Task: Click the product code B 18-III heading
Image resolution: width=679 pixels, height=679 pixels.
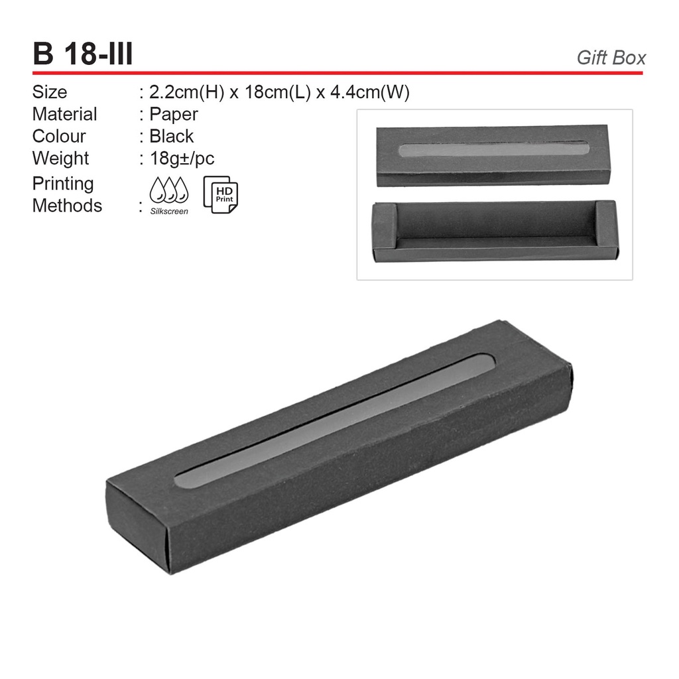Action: tap(83, 54)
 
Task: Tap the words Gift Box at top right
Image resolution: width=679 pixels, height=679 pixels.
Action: tap(611, 58)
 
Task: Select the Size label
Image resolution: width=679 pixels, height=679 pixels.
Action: tap(49, 92)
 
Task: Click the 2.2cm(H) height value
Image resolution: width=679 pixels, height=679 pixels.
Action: tap(186, 92)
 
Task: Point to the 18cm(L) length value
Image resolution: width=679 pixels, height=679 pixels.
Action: tap(278, 92)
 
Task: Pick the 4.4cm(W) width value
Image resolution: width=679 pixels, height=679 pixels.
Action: tap(370, 92)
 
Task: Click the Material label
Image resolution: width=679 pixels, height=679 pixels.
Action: tap(64, 114)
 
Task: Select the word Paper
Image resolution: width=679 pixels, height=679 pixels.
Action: tap(174, 115)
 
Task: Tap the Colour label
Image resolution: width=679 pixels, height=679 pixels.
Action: tap(59, 137)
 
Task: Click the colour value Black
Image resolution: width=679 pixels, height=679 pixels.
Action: tap(172, 137)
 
